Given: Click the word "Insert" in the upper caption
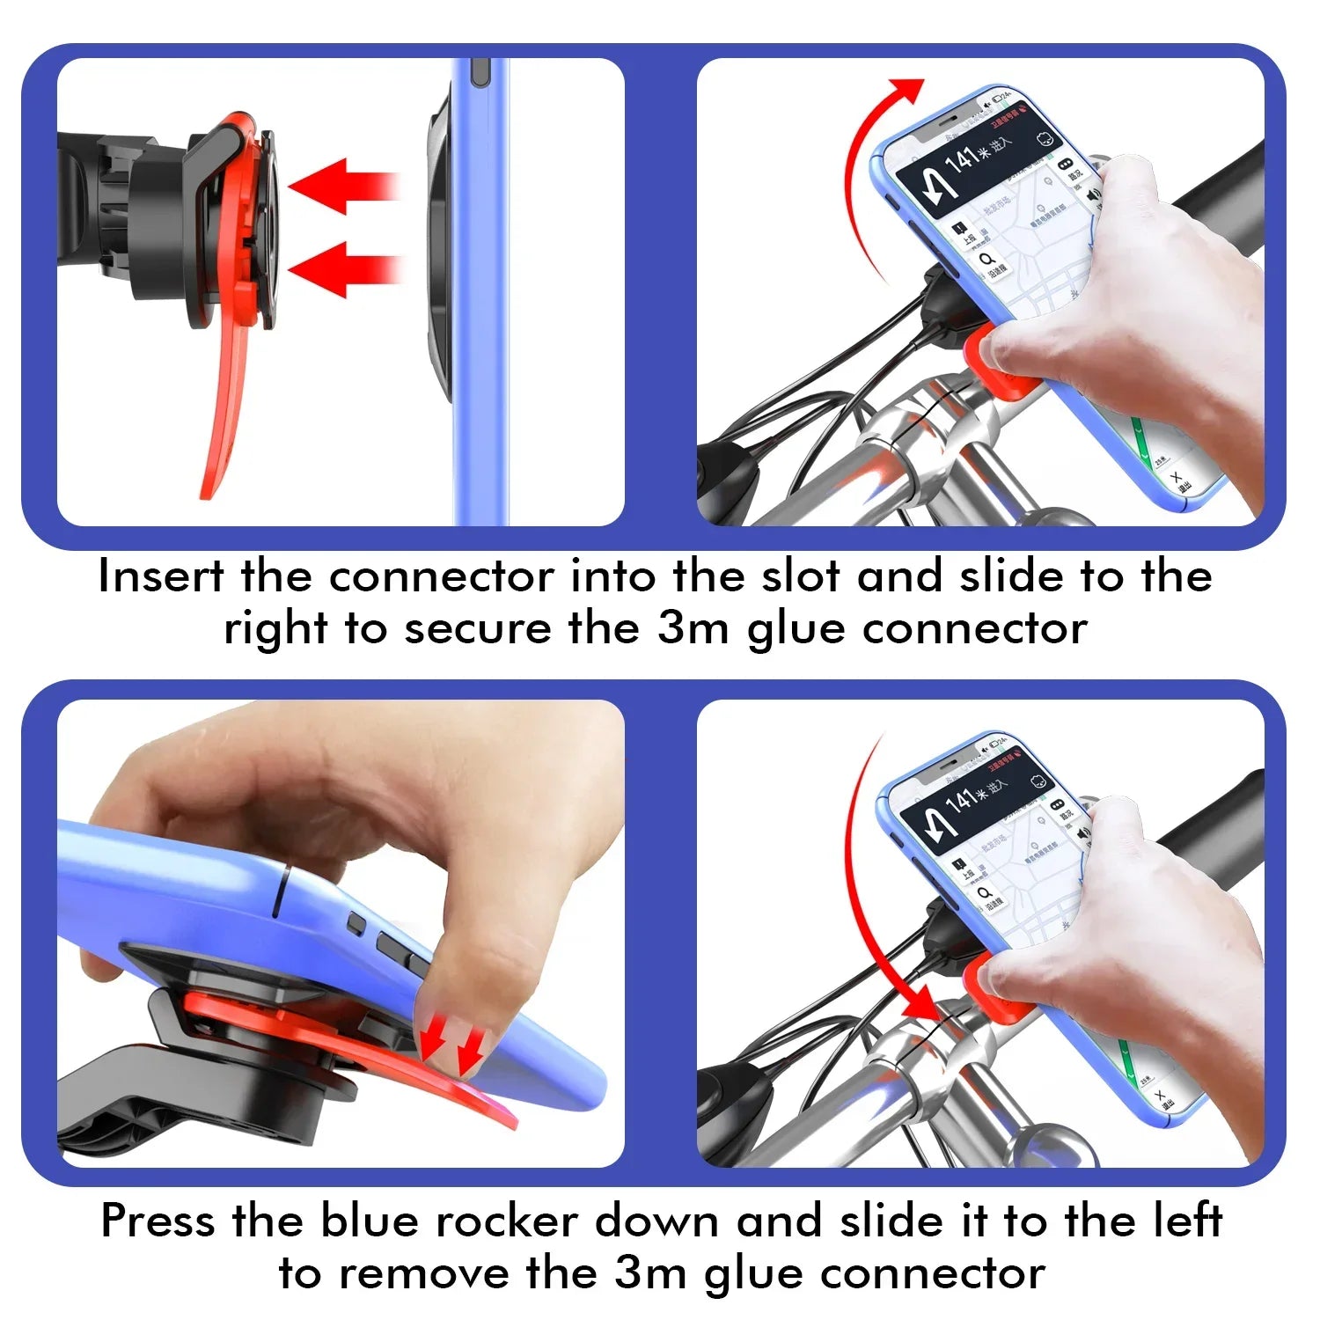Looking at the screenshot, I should (x=160, y=577).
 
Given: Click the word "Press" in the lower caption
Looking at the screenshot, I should (x=158, y=1221).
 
